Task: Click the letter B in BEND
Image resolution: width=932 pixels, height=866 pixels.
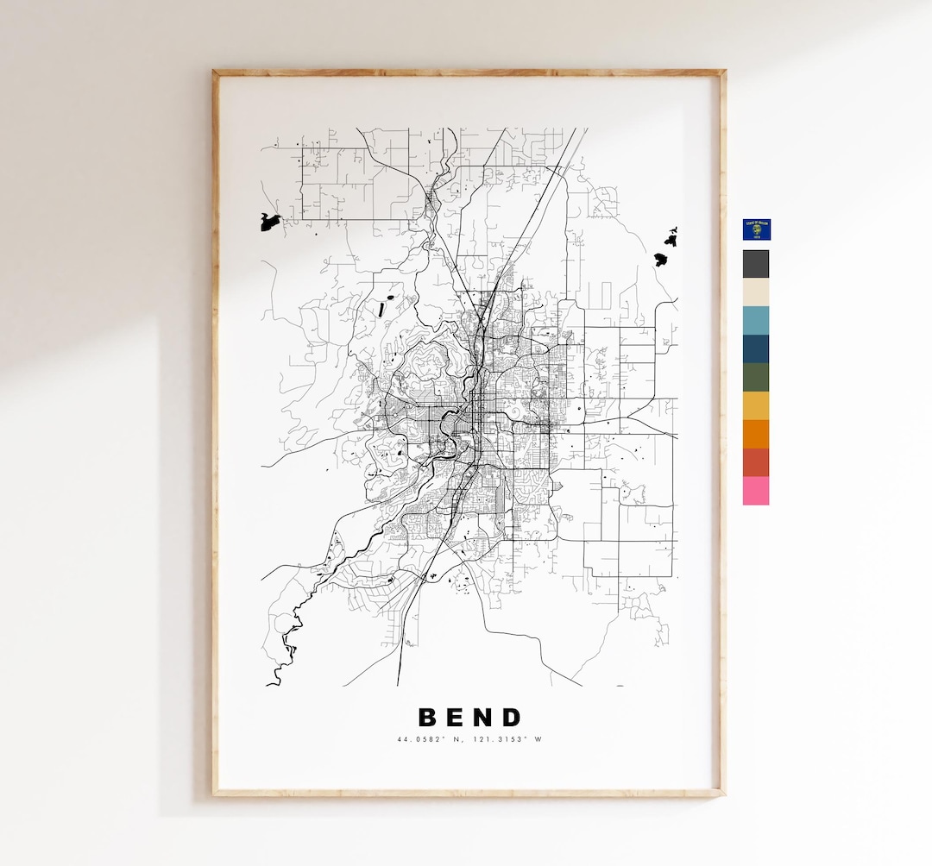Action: [x=430, y=718]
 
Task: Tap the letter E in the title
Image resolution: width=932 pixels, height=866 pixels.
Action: [x=457, y=718]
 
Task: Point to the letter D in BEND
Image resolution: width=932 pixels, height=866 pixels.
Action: [x=513, y=718]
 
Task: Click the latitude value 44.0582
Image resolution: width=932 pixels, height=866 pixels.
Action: [x=416, y=739]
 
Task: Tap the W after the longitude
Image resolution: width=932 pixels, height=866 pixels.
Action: [x=541, y=739]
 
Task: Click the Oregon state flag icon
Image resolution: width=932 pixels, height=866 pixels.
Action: [x=756, y=229]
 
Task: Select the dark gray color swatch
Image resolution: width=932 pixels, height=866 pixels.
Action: [x=756, y=264]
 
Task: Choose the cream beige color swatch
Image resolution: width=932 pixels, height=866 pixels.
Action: [x=756, y=292]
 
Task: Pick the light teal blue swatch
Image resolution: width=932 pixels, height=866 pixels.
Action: [x=756, y=320]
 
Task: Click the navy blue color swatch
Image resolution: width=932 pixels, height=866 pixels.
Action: [x=756, y=348]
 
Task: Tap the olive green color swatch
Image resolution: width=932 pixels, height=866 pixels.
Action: [x=756, y=377]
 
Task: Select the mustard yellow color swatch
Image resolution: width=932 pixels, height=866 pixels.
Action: [x=756, y=405]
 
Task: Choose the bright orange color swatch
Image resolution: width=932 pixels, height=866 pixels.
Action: [x=756, y=434]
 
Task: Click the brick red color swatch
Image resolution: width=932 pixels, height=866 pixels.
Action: [x=756, y=462]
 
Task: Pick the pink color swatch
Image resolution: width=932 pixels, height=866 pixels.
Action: [x=756, y=491]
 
